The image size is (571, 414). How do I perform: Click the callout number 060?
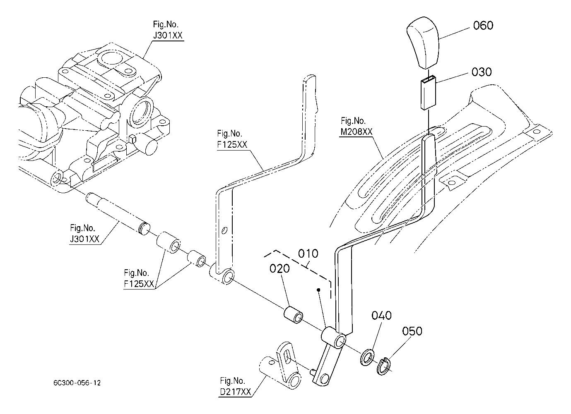pos(483,26)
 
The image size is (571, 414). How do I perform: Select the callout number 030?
pos(482,72)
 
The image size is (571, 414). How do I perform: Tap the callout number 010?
pos(308,254)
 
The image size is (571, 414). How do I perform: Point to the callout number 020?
pos(279,268)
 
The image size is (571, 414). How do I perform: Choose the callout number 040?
pos(381,316)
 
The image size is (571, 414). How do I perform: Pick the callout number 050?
pos(412,331)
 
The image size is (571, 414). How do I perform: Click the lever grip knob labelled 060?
pos(423,43)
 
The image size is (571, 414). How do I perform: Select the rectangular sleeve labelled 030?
pos(428,93)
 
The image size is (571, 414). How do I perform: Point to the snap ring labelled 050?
pos(383,366)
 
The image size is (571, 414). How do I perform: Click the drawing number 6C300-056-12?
pos(77,383)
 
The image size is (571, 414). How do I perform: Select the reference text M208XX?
pos(357,132)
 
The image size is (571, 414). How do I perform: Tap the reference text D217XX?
pos(235,392)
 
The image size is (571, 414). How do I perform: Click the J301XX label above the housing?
pos(168,36)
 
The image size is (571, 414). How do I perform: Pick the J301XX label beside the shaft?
pos(84,239)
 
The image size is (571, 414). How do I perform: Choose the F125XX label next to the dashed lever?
pos(232,145)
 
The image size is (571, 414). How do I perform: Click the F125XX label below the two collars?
pos(139,284)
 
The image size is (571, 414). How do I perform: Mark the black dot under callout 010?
pos(318,290)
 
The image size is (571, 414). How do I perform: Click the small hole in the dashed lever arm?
pos(224,230)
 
